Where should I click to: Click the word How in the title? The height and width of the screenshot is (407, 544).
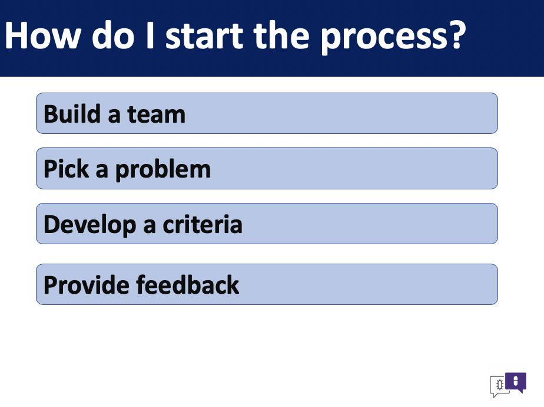pyautogui.click(x=42, y=35)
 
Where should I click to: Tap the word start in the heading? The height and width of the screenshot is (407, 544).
pyautogui.click(x=204, y=35)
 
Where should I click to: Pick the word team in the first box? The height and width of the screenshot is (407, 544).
pyautogui.click(x=157, y=114)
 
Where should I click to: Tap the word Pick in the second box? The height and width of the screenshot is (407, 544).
pyautogui.click(x=67, y=169)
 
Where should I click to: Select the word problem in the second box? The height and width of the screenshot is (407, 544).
pyautogui.click(x=162, y=170)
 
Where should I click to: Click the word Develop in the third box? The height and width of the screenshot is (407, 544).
pyautogui.click(x=90, y=225)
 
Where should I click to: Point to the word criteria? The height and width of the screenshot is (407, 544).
pyautogui.click(x=203, y=224)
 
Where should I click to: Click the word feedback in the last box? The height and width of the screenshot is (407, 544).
pyautogui.click(x=188, y=285)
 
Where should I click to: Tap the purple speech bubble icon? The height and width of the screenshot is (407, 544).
pyautogui.click(x=516, y=382)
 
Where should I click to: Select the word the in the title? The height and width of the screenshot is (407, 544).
pyautogui.click(x=281, y=35)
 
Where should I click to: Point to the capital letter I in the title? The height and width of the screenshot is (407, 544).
pyautogui.click(x=150, y=35)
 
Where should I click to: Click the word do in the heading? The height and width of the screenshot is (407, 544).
pyautogui.click(x=113, y=35)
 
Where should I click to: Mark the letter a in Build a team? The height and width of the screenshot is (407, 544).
pyautogui.click(x=114, y=116)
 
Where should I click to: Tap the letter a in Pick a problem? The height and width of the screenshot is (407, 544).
pyautogui.click(x=102, y=170)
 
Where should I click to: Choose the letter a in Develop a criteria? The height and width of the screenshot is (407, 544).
pyautogui.click(x=149, y=226)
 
